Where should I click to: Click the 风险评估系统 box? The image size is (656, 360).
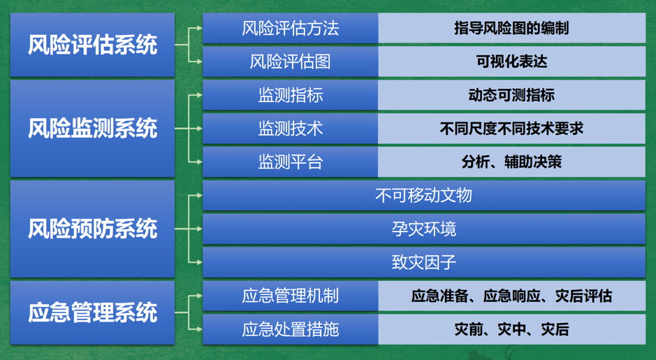(x=92, y=45)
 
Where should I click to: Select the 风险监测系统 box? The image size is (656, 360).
(x=92, y=129)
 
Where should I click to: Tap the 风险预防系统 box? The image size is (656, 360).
(x=92, y=229)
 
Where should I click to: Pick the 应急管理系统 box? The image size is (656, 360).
(x=92, y=312)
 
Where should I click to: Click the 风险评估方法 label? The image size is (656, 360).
(x=291, y=28)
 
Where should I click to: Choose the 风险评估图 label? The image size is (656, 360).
(x=291, y=62)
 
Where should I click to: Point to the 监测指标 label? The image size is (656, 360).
(x=291, y=95)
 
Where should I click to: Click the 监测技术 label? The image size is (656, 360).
(x=291, y=129)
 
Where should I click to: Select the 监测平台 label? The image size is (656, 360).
(x=291, y=162)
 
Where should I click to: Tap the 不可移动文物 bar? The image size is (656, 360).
(x=424, y=196)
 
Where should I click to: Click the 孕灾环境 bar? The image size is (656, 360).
(x=424, y=229)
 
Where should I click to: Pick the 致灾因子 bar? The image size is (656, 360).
(x=424, y=262)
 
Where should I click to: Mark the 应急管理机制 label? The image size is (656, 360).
(x=291, y=296)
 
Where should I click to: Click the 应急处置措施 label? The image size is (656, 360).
(x=291, y=329)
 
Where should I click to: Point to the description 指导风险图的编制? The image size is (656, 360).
(x=511, y=28)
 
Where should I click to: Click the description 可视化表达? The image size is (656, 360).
(x=511, y=62)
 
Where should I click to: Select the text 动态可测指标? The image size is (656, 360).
(x=511, y=95)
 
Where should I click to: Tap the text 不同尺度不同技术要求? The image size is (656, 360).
(x=511, y=129)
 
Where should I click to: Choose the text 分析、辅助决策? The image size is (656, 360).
(x=511, y=162)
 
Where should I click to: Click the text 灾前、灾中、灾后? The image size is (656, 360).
(x=511, y=329)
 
